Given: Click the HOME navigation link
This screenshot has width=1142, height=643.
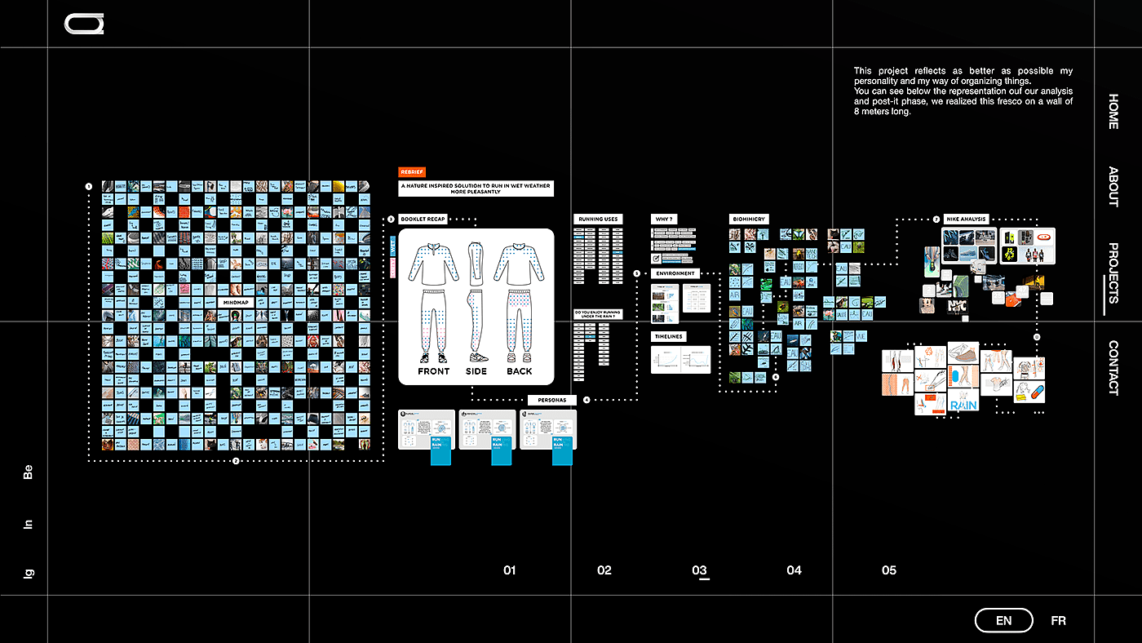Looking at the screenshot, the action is point(1113,112).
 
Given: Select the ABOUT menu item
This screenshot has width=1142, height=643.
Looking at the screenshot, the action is point(1113,187).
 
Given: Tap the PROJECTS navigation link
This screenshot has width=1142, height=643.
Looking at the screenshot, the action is point(1113,273).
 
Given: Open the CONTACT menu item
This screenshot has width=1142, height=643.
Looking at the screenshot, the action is point(1113,367).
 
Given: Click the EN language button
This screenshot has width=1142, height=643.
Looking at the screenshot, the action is point(1004,621).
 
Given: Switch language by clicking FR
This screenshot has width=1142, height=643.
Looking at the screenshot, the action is point(1058,621).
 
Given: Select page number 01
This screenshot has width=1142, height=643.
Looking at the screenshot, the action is point(510,570).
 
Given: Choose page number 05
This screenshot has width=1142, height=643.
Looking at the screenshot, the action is point(889,570).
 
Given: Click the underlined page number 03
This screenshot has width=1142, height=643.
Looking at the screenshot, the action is point(700,570).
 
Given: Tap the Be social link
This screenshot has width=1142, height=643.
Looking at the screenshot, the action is point(29,472).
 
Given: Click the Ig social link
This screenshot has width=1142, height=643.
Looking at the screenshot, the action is point(29,574).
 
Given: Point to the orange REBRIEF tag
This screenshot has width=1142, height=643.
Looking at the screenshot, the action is point(412,172).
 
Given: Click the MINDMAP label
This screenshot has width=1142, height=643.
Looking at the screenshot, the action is point(236,302).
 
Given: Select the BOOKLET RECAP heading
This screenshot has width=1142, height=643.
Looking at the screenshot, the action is point(423,219).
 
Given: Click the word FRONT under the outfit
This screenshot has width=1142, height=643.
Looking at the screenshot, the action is point(434,371).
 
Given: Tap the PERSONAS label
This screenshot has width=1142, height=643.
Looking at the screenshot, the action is point(552,400).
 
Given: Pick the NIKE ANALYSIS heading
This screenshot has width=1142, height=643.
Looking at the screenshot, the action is point(967,219).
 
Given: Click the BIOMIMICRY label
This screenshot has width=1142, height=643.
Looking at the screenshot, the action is point(749,219).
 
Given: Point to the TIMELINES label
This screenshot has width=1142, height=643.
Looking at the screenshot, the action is point(668,336).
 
